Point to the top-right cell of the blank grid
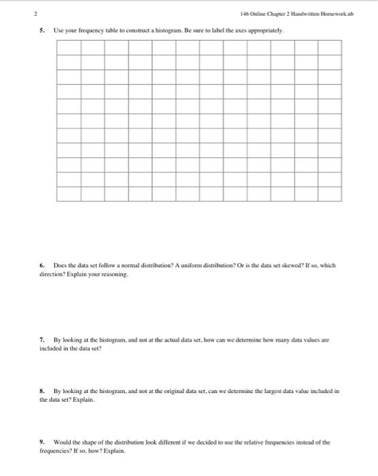[x=330, y=48]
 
